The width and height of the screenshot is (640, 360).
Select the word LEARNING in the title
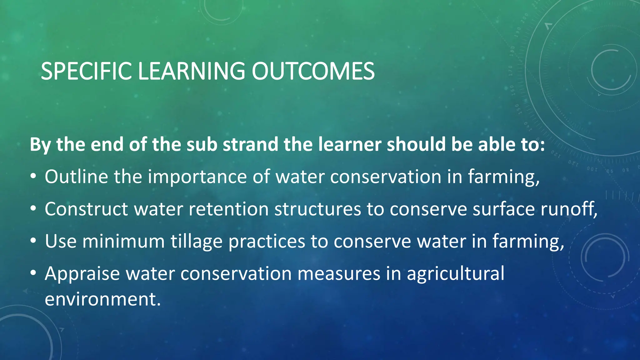click(x=191, y=71)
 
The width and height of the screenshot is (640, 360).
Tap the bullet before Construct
click(x=33, y=209)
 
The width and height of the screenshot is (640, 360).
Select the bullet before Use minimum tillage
click(x=33, y=242)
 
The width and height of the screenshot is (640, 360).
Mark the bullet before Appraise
click(x=33, y=274)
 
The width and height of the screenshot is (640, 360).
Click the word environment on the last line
click(x=102, y=299)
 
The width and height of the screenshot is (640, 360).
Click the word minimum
click(x=123, y=242)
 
